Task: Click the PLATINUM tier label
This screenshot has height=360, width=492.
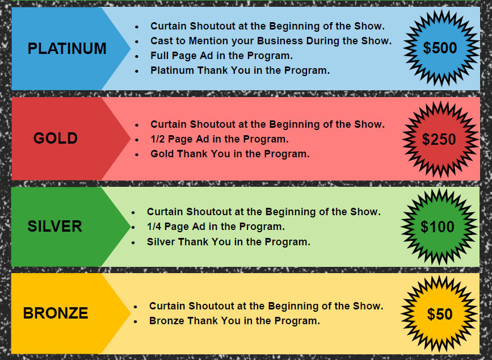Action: (67, 48)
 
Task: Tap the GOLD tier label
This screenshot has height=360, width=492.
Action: (56, 138)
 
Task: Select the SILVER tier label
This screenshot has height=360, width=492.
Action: (54, 227)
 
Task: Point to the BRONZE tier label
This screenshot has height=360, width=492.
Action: (56, 313)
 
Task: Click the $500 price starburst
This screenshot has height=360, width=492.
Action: (441, 48)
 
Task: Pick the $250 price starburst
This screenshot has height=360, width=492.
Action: (440, 139)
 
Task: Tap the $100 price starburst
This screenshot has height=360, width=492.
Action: (438, 227)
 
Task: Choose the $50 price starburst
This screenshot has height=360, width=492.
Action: (439, 314)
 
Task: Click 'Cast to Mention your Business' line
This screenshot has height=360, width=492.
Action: (271, 41)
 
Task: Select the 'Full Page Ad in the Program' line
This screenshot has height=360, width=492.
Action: (221, 56)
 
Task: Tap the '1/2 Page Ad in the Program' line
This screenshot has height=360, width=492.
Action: (220, 139)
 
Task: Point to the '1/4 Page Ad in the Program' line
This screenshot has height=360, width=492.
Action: (216, 227)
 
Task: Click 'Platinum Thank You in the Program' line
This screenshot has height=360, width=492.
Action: (240, 70)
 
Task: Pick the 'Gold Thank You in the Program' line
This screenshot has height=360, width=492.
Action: (230, 154)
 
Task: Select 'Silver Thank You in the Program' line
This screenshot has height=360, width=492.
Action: (229, 242)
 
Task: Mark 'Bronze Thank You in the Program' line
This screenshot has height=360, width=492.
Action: (235, 321)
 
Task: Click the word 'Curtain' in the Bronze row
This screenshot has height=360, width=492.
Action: (167, 305)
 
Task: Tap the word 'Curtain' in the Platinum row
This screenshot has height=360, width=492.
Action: (169, 26)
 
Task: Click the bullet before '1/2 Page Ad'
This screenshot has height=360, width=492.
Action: (137, 140)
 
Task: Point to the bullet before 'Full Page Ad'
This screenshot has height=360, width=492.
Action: (137, 56)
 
